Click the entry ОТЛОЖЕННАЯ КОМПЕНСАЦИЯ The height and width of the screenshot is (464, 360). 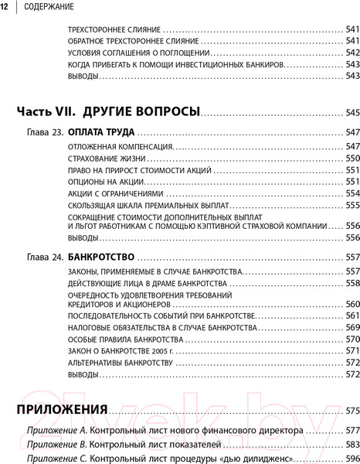110,146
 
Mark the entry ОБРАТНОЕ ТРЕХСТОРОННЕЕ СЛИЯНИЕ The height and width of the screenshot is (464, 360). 126,40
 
